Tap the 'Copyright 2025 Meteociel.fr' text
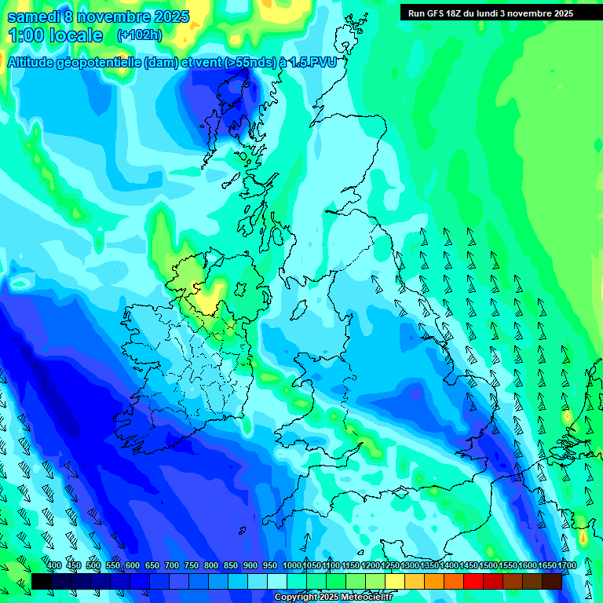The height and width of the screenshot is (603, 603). (333, 598)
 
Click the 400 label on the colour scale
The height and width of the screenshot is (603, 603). (54, 566)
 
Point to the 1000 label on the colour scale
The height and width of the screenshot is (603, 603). (292, 566)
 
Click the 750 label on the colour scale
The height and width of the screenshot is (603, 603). (192, 566)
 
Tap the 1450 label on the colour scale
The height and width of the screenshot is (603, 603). (468, 566)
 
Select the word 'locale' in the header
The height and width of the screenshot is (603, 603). (75, 36)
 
